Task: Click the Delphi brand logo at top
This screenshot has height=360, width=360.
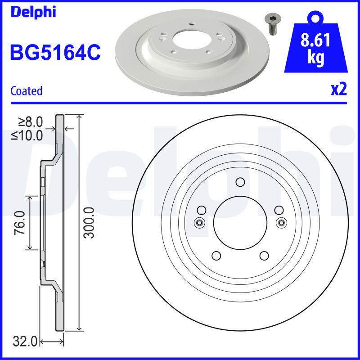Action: tap(33, 12)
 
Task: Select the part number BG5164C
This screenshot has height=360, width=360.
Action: tap(55, 53)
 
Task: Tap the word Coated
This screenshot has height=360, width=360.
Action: tap(26, 91)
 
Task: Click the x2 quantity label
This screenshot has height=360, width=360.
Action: tap(338, 90)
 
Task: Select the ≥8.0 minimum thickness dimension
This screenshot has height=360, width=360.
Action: tap(30, 122)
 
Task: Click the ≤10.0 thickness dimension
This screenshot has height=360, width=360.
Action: tap(28, 134)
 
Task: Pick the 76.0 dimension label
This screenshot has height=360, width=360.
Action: tap(19, 223)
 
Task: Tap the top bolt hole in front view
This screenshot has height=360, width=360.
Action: tap(240, 182)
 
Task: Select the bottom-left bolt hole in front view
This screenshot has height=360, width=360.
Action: tap(216, 256)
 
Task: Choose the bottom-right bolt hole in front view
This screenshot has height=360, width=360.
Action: tap(264, 256)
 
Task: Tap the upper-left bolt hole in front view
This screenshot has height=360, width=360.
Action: tap(201, 210)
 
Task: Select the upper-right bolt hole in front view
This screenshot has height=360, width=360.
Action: tap(279, 210)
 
